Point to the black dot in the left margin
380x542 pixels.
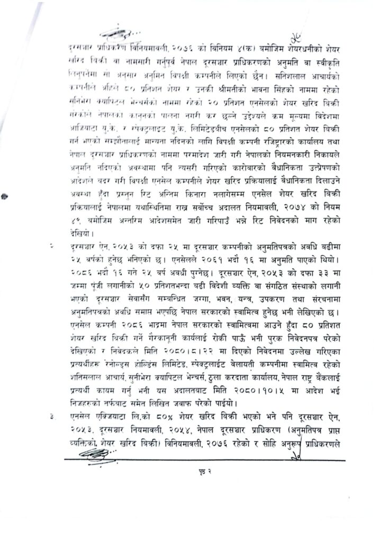tap(4, 196)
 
